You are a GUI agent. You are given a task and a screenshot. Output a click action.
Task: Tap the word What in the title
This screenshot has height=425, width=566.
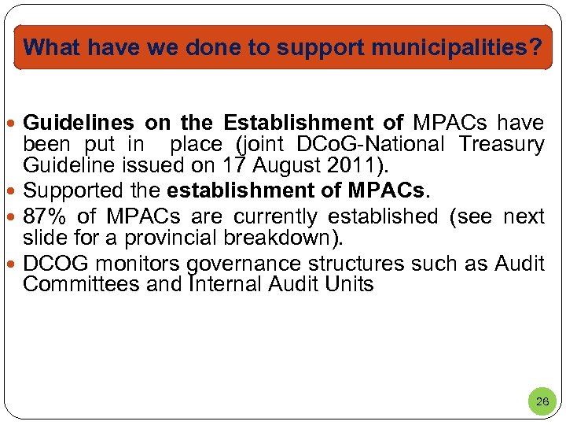[53, 48]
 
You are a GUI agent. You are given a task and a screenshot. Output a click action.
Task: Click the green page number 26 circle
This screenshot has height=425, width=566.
[542, 401]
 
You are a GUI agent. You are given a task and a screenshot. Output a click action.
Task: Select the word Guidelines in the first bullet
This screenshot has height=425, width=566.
[78, 124]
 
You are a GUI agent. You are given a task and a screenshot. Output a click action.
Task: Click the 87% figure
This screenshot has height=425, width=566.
[43, 216]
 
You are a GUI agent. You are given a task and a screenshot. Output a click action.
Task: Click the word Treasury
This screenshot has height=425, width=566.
[502, 145]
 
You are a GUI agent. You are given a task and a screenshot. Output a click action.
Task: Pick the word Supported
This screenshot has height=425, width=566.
[73, 190]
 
